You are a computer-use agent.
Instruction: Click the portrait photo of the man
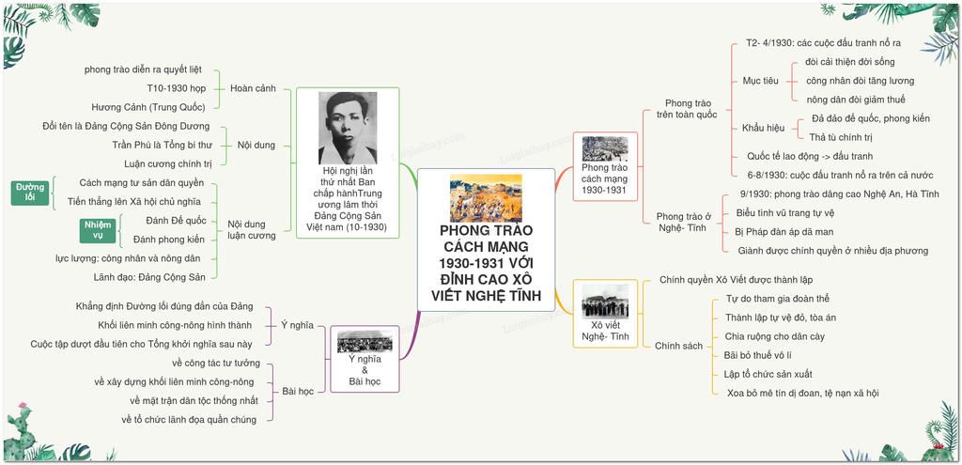(x=348, y=128)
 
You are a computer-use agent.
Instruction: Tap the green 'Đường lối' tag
(x=30, y=192)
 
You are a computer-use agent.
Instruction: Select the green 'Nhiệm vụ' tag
(x=98, y=230)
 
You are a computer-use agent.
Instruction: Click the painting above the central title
(x=486, y=198)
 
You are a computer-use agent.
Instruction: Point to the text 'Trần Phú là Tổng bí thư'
(x=162, y=146)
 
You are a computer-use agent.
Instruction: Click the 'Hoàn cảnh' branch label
(x=253, y=88)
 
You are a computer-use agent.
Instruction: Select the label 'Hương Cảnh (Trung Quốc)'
(x=147, y=107)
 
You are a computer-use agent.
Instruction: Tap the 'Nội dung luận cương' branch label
(x=252, y=229)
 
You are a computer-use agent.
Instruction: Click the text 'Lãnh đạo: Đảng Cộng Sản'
(x=149, y=277)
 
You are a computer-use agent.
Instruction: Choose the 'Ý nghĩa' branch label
(x=297, y=325)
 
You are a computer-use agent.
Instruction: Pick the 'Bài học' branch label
(x=298, y=391)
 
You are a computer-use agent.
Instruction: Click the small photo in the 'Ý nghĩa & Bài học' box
(x=365, y=342)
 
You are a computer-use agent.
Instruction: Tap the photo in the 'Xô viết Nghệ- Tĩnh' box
(x=605, y=301)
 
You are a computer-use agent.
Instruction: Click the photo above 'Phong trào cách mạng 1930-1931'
(x=605, y=149)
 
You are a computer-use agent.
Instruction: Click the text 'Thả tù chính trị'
(x=841, y=137)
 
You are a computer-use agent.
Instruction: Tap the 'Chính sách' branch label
(x=678, y=346)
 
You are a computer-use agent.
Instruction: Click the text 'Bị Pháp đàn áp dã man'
(x=784, y=232)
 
